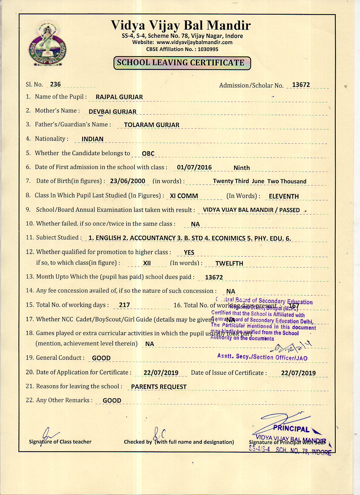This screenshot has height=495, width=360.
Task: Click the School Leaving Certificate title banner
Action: (182, 63)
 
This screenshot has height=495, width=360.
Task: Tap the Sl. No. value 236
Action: (55, 84)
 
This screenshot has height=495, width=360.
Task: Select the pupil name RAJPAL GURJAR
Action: (119, 97)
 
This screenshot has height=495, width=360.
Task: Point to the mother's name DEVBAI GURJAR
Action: (112, 111)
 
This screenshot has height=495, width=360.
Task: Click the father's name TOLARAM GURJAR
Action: (152, 125)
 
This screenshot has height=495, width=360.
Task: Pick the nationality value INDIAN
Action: (92, 139)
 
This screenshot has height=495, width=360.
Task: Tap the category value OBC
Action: (148, 154)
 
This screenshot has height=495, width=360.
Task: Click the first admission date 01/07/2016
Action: (194, 167)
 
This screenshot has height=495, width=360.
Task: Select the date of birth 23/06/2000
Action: (128, 181)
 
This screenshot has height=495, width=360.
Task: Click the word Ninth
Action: (241, 168)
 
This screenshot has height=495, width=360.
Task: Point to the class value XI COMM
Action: (184, 196)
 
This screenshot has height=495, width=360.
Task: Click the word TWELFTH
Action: (229, 264)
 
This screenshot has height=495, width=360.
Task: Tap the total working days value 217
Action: (124, 305)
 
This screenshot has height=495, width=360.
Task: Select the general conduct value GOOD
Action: (101, 358)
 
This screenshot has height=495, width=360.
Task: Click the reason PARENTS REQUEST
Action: (159, 387)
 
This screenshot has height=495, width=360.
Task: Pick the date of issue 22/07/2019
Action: (298, 373)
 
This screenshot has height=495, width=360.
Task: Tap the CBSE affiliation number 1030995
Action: (208, 49)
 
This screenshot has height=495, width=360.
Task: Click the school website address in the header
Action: (194, 42)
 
